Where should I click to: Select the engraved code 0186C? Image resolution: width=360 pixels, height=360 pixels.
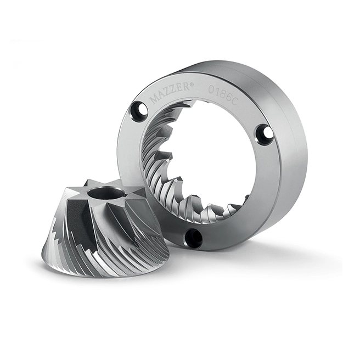click(x=222, y=95)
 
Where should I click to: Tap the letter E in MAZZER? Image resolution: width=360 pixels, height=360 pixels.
click(x=182, y=89)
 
